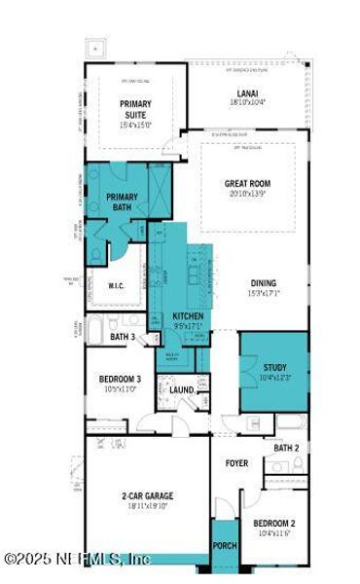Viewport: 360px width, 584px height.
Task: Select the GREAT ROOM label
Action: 248,183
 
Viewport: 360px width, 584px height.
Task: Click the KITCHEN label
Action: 189,316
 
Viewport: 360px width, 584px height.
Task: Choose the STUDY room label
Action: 275,367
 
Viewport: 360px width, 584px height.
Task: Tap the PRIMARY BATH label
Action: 122,201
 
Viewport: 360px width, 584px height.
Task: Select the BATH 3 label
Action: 123,337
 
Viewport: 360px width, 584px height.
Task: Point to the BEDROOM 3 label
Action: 120,379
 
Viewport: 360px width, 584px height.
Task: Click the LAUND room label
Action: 182,390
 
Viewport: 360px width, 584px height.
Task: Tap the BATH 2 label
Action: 285,448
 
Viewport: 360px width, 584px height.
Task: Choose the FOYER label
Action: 236,463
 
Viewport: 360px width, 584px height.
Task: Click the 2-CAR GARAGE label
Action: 147,495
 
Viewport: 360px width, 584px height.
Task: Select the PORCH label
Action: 225,546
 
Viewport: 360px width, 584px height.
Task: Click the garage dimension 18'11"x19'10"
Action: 147,506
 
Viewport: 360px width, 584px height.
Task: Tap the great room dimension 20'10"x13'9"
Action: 248,193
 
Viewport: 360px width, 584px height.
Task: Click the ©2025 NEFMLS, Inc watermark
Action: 77,559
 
